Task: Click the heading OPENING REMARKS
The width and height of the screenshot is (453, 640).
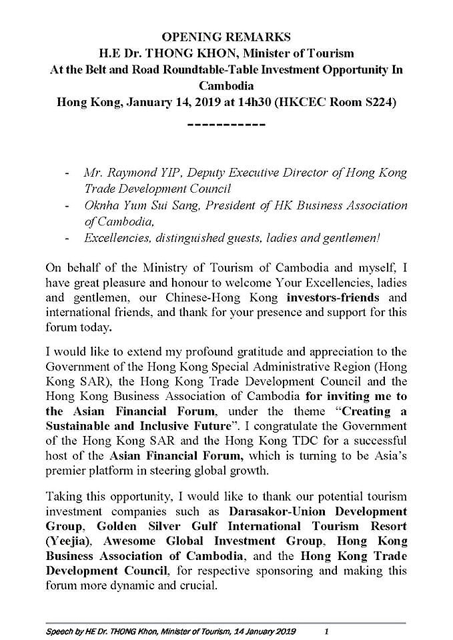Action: click(226, 37)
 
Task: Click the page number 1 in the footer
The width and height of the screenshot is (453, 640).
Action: click(326, 630)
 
